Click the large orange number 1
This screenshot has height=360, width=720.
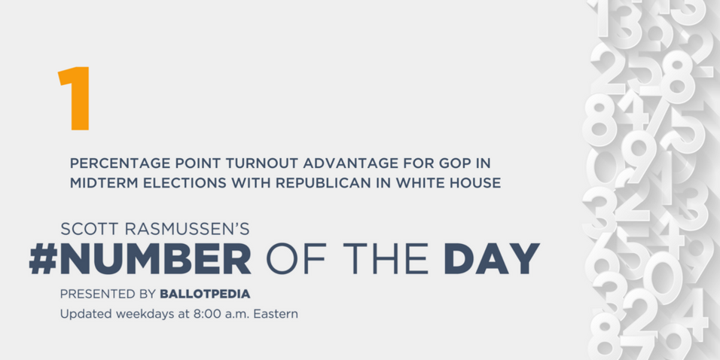74,98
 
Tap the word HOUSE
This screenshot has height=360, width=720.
474,183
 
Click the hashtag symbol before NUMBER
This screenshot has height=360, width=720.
43,258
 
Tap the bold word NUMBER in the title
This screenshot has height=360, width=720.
155,258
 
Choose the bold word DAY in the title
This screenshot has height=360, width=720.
492,258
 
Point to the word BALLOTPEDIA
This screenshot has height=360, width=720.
205,294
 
